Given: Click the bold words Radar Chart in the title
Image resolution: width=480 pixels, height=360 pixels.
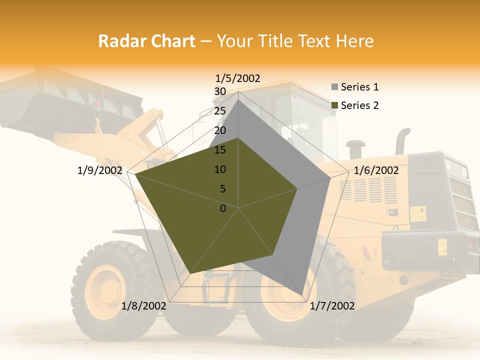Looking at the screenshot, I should tap(146, 41).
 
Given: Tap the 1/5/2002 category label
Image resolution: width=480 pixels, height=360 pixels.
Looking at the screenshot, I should tap(238, 78).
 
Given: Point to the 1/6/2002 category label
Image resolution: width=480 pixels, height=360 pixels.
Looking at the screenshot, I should tap(376, 170).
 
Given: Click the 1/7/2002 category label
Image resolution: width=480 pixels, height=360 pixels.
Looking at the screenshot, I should tap(332, 306).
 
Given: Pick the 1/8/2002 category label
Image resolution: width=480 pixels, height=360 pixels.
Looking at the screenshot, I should tap(144, 306).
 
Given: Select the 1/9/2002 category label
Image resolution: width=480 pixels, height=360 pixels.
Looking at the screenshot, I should tap(100, 170).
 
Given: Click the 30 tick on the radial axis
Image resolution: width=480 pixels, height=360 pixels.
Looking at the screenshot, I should tap(219, 91).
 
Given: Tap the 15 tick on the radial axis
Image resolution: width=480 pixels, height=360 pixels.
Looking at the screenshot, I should tap(219, 150).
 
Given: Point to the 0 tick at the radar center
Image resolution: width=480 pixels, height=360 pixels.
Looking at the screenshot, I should tap(223, 208).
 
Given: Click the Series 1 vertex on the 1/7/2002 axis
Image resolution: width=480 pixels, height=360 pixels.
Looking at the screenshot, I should tap(302, 294).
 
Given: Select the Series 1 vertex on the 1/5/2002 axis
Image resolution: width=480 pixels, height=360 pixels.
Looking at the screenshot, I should tap(238, 100).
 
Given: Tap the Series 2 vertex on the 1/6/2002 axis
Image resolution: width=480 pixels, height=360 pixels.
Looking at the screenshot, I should tap(297, 188).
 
